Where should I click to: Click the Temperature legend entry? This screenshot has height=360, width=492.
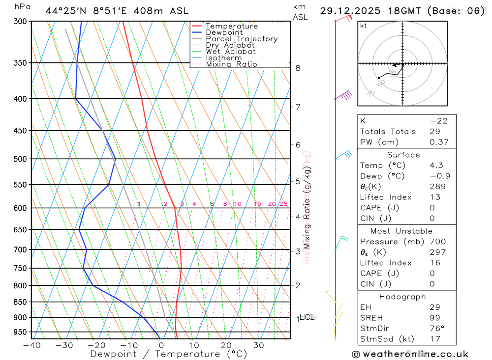[231, 26]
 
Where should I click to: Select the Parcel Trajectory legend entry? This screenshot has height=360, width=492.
[242, 39]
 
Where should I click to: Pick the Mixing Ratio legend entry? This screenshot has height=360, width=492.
[231, 64]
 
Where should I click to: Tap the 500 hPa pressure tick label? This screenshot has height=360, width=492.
[20, 159]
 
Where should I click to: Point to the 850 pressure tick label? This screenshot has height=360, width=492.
[20, 302]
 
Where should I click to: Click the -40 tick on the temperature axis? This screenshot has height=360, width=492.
[31, 345]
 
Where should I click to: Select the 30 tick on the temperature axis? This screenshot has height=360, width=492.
[258, 345]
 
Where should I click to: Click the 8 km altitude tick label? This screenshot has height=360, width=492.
[298, 68]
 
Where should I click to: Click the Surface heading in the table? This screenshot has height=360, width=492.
[403, 155]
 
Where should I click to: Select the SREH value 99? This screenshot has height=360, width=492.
[434, 318]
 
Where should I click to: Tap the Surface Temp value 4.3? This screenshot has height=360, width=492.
[436, 166]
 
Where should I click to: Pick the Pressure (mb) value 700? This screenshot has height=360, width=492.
[437, 242]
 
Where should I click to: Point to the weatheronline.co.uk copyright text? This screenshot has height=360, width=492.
[410, 354]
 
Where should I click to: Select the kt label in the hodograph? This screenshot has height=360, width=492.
[364, 26]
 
